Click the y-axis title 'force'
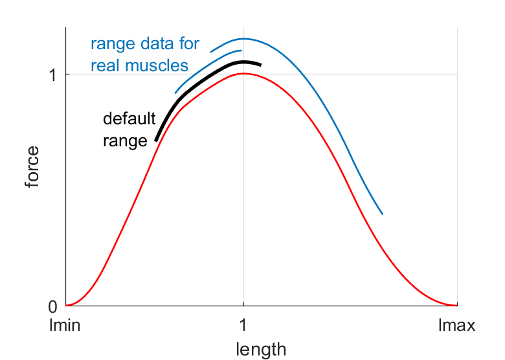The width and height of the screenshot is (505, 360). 32,168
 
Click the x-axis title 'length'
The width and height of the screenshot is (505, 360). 261,350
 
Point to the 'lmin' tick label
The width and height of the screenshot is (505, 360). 65,326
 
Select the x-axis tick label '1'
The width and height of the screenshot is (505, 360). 243,326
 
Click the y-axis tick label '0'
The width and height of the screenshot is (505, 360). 53,306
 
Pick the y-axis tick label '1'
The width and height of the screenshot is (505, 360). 53,74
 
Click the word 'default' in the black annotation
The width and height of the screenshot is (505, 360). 129,119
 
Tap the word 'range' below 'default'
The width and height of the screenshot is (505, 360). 126,141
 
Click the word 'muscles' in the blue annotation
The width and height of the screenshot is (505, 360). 158,65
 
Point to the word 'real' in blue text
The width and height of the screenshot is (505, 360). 107,65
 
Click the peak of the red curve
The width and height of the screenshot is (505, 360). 243,73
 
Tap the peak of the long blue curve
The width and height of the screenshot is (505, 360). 245,39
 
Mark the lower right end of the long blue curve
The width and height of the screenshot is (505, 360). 382,214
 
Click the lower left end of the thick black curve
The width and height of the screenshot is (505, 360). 156,140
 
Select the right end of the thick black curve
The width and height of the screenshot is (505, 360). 260,65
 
